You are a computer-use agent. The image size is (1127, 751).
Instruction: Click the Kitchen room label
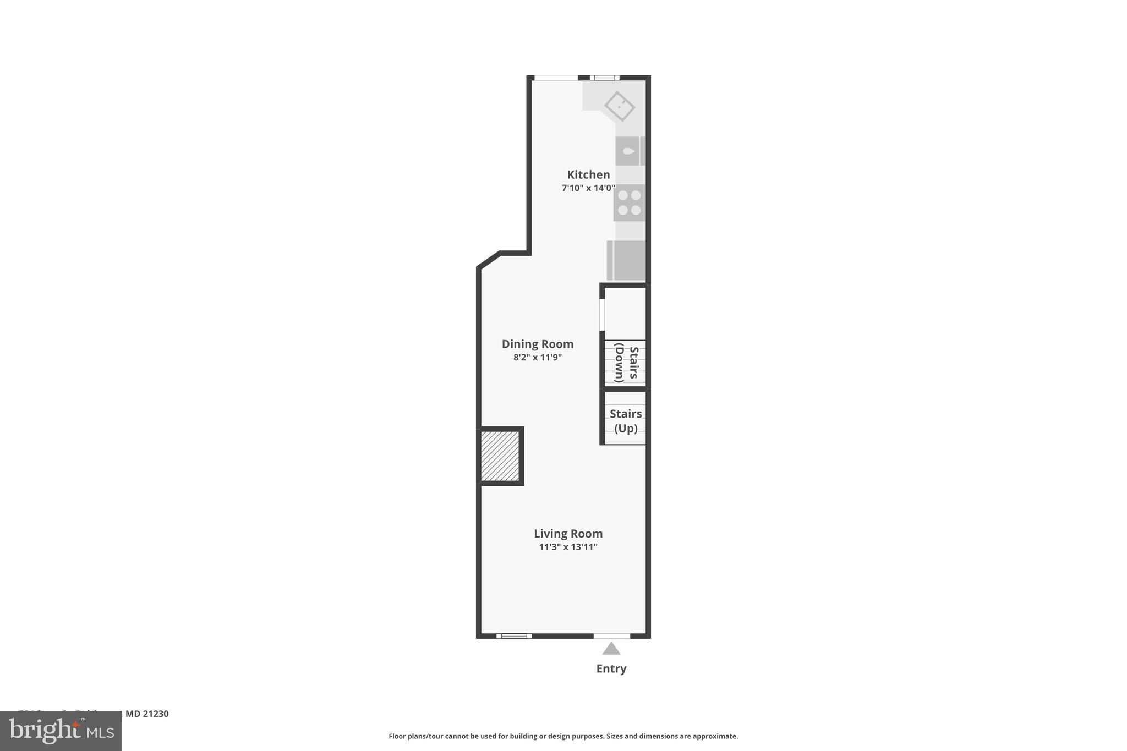click(588, 174)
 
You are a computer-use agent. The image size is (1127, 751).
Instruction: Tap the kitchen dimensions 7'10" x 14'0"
click(588, 188)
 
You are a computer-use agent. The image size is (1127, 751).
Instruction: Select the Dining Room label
click(537, 344)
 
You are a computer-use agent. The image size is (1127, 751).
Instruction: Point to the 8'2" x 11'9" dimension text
click(537, 358)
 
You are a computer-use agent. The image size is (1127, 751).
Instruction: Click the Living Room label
click(568, 533)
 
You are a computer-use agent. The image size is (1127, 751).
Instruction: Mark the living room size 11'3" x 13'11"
click(568, 547)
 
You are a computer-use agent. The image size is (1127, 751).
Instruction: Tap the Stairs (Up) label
click(626, 421)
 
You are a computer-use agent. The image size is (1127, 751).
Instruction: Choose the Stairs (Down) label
click(626, 364)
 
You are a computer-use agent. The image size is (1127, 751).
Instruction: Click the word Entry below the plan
click(611, 668)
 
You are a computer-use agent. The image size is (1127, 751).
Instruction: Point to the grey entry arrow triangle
click(611, 649)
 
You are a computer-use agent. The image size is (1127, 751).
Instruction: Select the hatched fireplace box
click(500, 456)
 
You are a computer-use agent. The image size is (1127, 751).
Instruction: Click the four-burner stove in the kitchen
click(630, 202)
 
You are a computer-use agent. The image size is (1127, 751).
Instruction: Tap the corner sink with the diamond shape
click(620, 106)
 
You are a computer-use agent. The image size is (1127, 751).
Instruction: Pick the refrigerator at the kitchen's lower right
click(627, 260)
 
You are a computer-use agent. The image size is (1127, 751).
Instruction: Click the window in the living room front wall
click(514, 636)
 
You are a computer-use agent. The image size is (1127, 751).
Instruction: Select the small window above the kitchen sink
click(604, 78)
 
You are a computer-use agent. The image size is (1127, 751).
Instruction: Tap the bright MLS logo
click(61, 731)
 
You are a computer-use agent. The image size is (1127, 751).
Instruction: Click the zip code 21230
click(155, 714)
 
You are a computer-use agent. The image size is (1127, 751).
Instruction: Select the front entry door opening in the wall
click(611, 636)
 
